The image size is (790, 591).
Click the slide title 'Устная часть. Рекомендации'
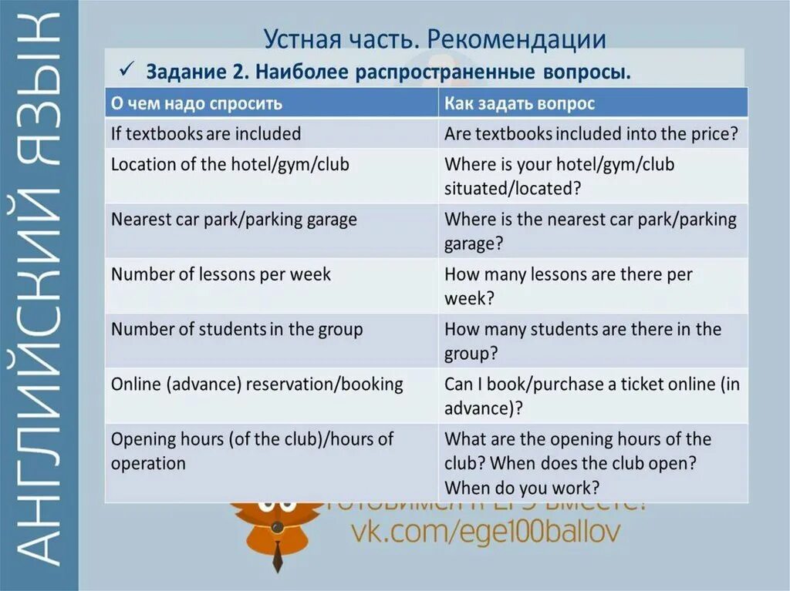coord(434,39)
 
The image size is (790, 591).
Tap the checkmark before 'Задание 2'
coord(126,71)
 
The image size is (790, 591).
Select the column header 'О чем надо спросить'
coord(197,103)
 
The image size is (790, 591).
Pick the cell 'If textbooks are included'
coord(206,133)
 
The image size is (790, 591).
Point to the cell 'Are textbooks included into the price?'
coord(592,133)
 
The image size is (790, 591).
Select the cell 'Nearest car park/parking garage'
coord(234,220)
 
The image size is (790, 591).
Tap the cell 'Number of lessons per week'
coord(221,274)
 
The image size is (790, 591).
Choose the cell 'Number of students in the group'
coord(237,329)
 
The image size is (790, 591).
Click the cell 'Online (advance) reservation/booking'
coord(257,384)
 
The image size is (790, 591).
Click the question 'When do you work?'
coord(522,487)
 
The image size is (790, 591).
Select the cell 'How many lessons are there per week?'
coord(569,286)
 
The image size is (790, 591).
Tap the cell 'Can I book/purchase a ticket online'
coord(592,395)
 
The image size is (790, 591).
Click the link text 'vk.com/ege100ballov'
coord(485,532)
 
